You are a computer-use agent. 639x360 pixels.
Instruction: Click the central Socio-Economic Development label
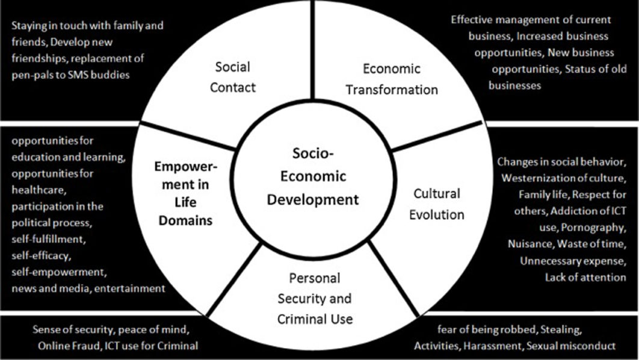[x=312, y=176]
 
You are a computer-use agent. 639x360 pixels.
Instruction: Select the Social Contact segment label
[x=233, y=77]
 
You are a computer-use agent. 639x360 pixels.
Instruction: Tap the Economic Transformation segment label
[x=392, y=79]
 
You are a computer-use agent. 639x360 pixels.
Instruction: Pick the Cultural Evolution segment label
[x=436, y=204]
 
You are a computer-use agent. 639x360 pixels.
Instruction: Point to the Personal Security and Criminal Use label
[x=315, y=299]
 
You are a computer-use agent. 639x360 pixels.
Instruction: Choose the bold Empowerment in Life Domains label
[x=185, y=193]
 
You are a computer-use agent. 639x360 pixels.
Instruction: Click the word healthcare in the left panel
[x=39, y=190]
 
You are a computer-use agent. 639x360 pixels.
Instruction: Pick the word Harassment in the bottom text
[x=493, y=346]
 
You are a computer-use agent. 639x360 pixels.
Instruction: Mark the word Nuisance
[x=531, y=244]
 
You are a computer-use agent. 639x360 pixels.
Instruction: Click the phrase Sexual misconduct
[x=571, y=346]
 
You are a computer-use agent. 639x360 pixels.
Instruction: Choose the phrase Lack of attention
[x=585, y=278]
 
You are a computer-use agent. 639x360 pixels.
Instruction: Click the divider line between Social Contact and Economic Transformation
[x=312, y=50]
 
